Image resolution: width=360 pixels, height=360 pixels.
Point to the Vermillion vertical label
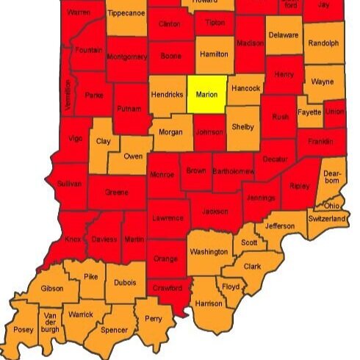point(68,95)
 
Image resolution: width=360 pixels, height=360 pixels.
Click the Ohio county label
point(331,205)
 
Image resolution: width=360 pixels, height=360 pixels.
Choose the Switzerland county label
point(327,219)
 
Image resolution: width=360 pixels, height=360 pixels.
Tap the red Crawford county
point(167,288)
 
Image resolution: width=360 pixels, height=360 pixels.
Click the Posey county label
point(24,330)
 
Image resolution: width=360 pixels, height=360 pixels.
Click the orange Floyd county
point(231,286)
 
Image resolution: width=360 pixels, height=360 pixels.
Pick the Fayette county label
point(309,112)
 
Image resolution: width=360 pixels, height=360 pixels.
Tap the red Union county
point(334,112)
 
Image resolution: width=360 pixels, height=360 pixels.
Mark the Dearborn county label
point(332,176)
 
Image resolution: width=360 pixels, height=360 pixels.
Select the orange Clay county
point(103,140)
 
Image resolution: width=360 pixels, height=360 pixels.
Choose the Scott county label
point(250,242)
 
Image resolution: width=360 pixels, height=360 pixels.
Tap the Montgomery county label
point(127,57)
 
